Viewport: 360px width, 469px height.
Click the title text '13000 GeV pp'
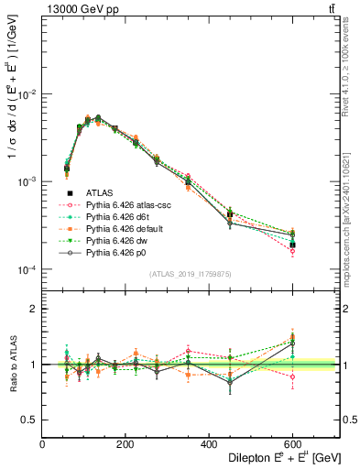click(75, 9)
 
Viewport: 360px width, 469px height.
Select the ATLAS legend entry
click(105, 193)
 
